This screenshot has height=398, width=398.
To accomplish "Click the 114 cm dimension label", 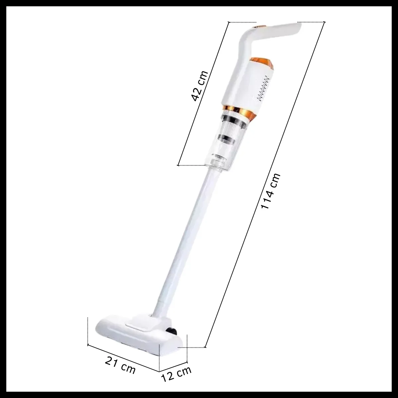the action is (271, 191).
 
